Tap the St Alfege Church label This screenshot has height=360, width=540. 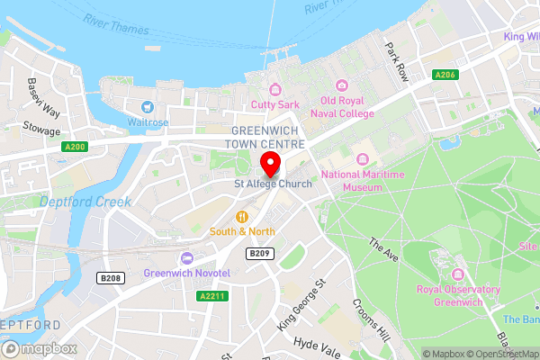pyautogui.click(x=273, y=184)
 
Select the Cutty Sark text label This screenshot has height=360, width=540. pyautogui.click(x=274, y=103)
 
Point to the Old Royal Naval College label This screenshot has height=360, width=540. pyautogui.click(x=341, y=107)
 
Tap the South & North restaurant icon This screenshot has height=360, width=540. pyautogui.click(x=242, y=216)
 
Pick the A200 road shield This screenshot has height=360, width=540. pyautogui.click(x=75, y=146)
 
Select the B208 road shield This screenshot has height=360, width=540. pyautogui.click(x=111, y=278)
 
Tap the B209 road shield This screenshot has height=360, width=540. pyautogui.click(x=260, y=254)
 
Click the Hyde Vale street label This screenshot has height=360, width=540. pyautogui.click(x=317, y=346)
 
